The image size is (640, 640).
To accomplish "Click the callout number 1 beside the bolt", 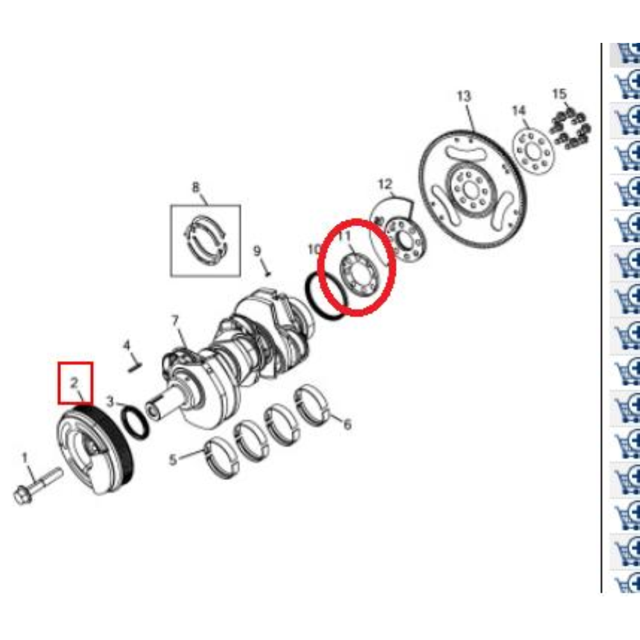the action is pos(24,458).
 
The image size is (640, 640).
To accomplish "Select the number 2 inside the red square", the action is pos(74,383).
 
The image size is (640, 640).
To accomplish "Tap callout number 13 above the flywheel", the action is pos(464,97).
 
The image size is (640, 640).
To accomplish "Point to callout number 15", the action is pos(559,94).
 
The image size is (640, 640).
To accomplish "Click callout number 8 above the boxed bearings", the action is pos(196,188).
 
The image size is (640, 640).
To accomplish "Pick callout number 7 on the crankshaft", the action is pos(175,321).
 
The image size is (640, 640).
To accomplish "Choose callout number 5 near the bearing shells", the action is pos(173,460).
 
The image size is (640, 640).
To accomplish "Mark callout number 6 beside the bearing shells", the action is pos(348,424).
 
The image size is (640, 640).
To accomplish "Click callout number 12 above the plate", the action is pos(385,184).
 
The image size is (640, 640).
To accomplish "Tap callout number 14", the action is pos(519,110).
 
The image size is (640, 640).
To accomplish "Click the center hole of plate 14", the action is pos(533,152).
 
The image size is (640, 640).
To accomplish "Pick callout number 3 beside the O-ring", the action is pos(110,402).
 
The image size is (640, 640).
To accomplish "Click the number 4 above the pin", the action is pos(127,346).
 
